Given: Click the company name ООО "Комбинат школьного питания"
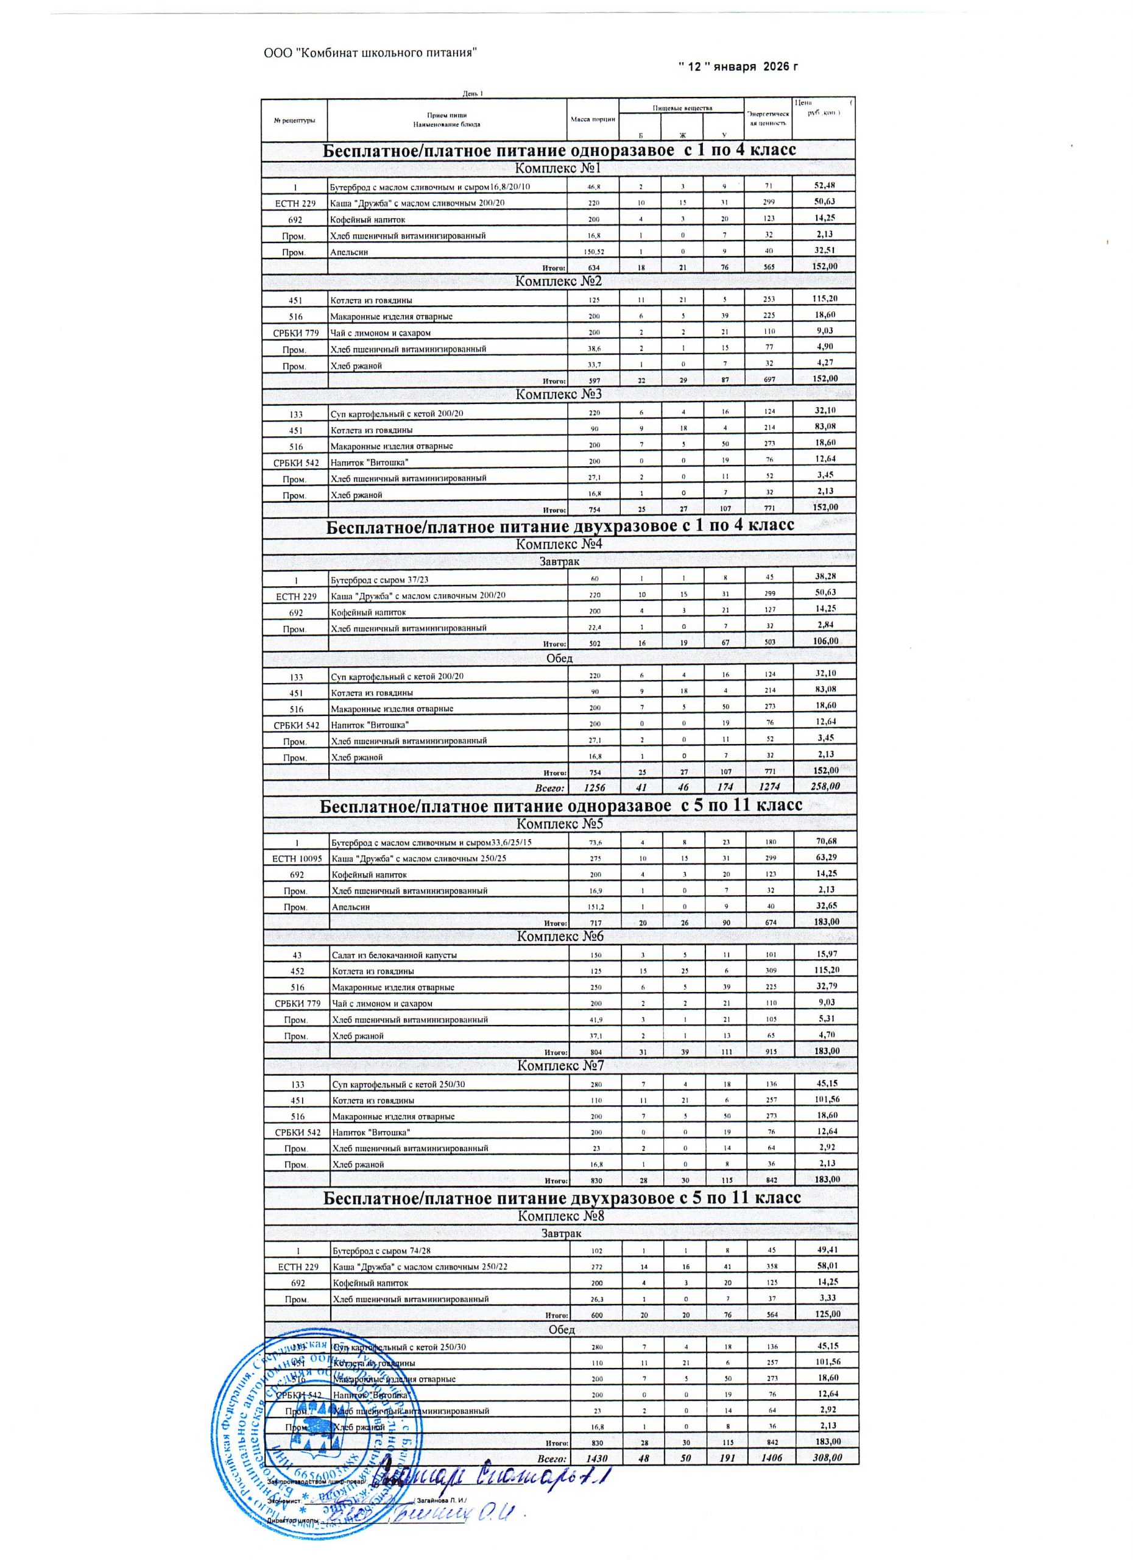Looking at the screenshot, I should point(370,53).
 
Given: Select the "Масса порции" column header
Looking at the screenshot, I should point(593,119).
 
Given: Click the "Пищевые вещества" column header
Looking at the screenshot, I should point(682,107).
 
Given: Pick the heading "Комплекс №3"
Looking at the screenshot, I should point(558,394).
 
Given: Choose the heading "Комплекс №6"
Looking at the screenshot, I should point(560,936).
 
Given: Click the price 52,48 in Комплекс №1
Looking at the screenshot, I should point(824,186).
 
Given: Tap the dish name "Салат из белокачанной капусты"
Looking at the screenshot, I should point(394,955).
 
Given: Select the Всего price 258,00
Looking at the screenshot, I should point(824,786).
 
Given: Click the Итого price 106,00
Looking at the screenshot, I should point(824,640).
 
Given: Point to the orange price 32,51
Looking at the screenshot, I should point(824,250).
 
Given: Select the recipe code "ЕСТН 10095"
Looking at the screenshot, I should point(295,859).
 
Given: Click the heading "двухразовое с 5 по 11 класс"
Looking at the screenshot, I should point(562,1197).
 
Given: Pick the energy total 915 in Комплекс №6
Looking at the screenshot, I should point(769,1052).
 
